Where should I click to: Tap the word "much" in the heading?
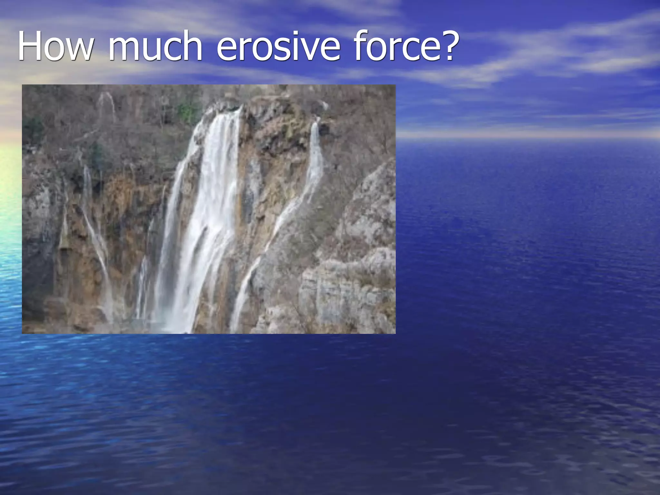point(155,46)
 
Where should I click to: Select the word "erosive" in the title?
point(278,46)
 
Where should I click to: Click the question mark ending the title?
point(445,45)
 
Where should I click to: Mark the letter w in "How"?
point(79,49)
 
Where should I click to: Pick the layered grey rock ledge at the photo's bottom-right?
point(348,290)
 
